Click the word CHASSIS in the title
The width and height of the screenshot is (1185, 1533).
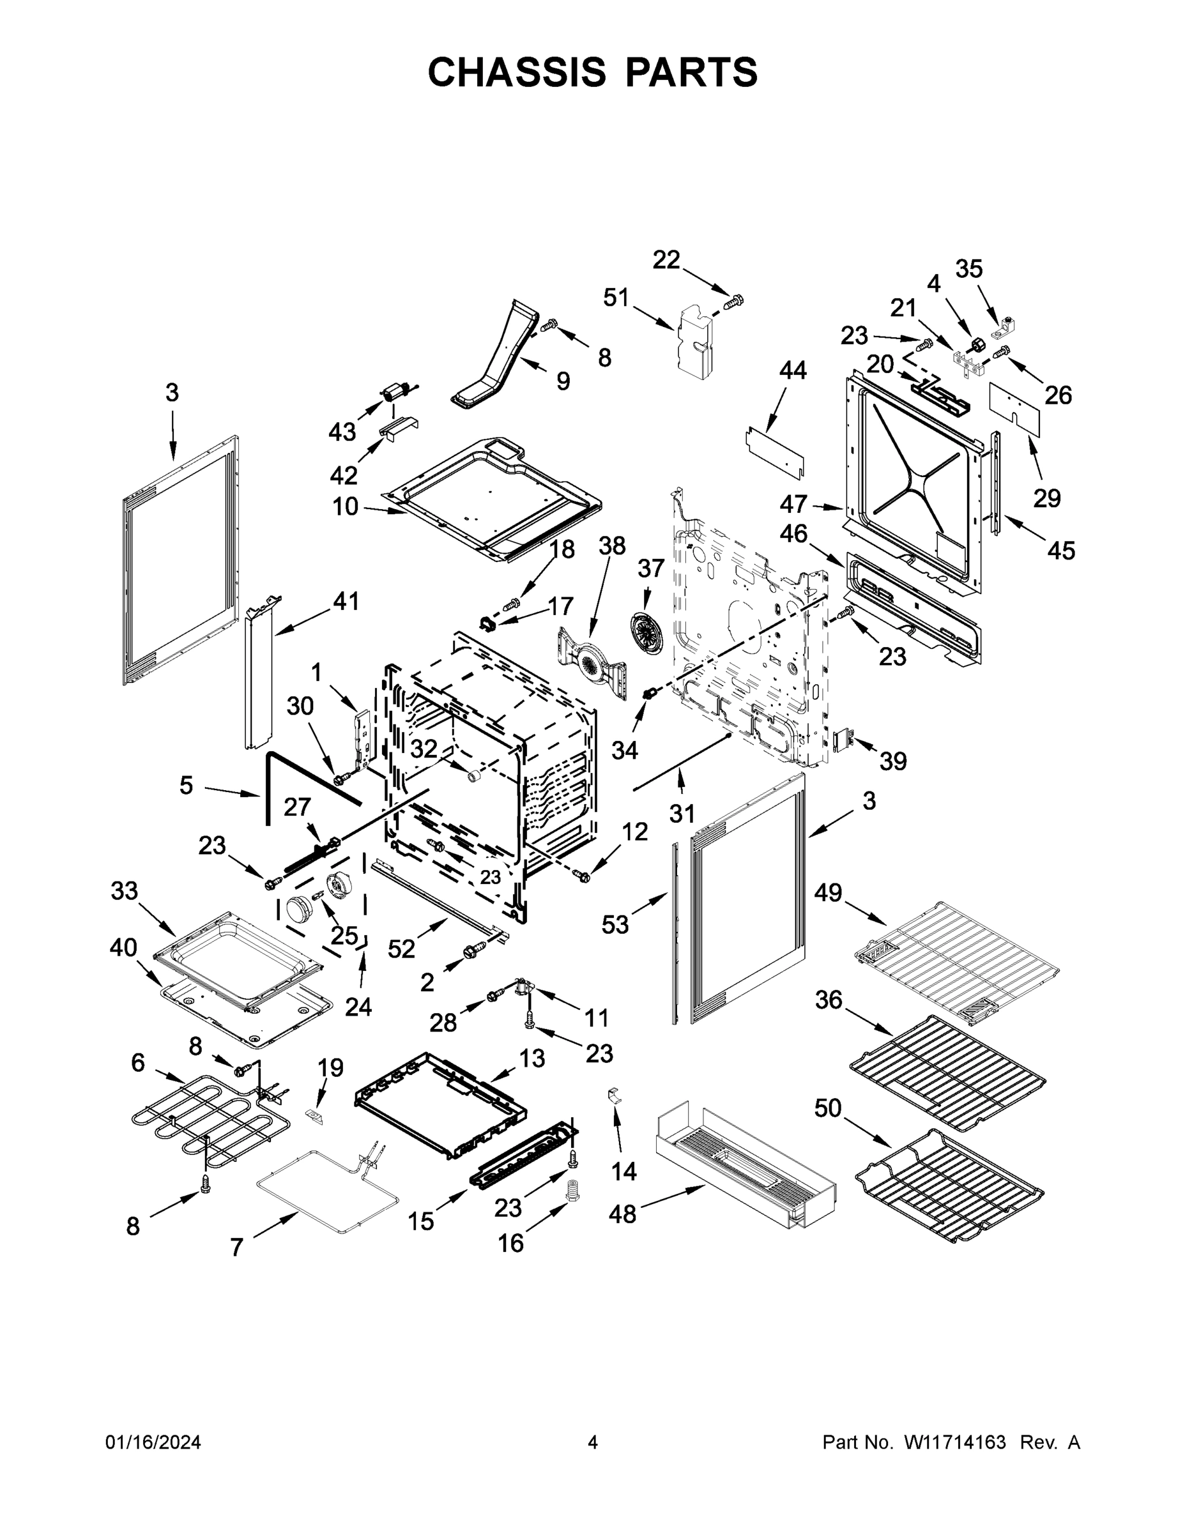(517, 72)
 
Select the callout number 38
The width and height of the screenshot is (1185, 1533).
(611, 545)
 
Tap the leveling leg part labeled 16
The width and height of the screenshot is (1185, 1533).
(575, 1190)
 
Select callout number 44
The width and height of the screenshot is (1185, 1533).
(793, 370)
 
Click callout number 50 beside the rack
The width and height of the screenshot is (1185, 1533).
(828, 1108)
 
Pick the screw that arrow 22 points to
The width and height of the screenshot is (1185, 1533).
(733, 303)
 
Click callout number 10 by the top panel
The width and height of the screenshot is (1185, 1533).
(345, 506)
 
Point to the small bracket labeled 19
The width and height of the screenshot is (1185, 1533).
(314, 1115)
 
